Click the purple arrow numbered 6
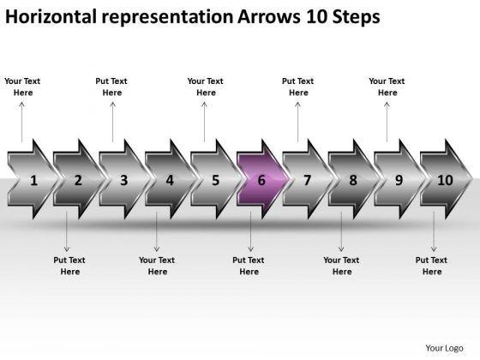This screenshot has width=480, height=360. pyautogui.click(x=262, y=179)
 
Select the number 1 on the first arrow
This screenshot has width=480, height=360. pyautogui.click(x=33, y=180)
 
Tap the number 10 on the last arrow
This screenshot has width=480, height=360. pyautogui.click(x=445, y=180)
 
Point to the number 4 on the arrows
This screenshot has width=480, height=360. pyautogui.click(x=170, y=180)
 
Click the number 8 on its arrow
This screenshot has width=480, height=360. pyautogui.click(x=353, y=180)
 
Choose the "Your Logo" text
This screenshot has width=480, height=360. pyautogui.click(x=444, y=348)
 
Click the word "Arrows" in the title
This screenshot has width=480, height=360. pyautogui.click(x=269, y=16)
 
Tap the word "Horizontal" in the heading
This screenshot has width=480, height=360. pyautogui.click(x=51, y=16)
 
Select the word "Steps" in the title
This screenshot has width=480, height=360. pyautogui.click(x=357, y=17)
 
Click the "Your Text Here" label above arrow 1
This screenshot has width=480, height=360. pyautogui.click(x=22, y=87)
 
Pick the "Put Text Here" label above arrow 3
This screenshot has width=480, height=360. pyautogui.click(x=111, y=87)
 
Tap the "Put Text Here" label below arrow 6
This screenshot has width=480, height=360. pyautogui.click(x=249, y=266)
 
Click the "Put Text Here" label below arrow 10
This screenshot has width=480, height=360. pyautogui.click(x=431, y=266)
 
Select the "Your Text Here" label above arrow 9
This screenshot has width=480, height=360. pyautogui.click(x=387, y=87)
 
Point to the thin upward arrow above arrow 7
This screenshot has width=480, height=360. pyautogui.click(x=297, y=122)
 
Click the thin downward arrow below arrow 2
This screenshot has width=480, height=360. pyautogui.click(x=67, y=231)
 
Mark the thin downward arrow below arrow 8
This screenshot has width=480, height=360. pyautogui.click(x=341, y=231)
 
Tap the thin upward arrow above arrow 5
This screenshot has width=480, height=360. pyautogui.click(x=204, y=122)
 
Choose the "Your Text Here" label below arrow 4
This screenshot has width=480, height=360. pyautogui.click(x=157, y=266)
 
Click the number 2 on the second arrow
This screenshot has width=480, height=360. pyautogui.click(x=78, y=180)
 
